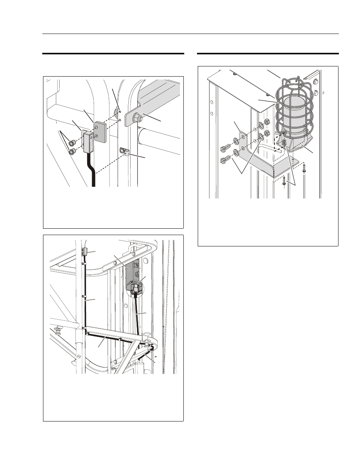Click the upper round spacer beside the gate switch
pyautogui.click(x=71, y=143)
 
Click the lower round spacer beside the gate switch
pyautogui.click(x=72, y=152)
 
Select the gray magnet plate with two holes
pyautogui.click(x=100, y=131)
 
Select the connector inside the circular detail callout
pyautogui.click(x=135, y=288)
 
